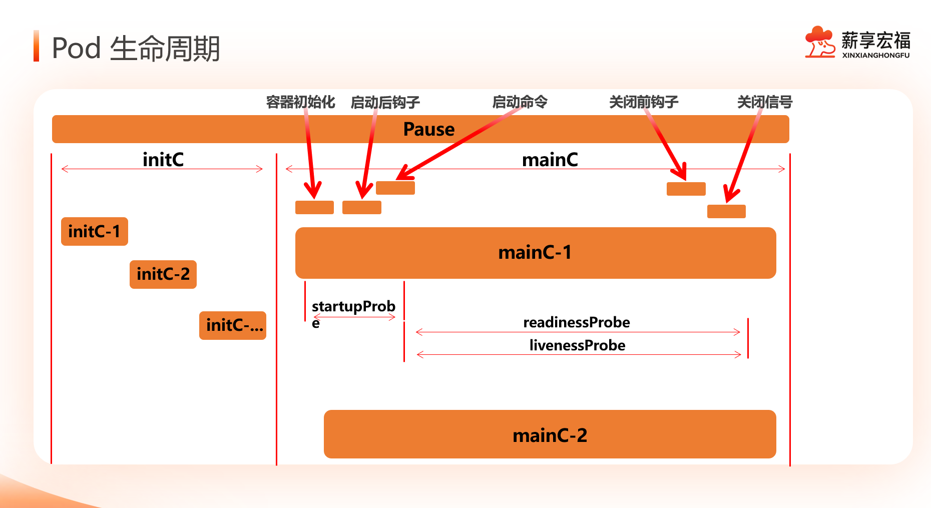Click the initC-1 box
pyautogui.click(x=94, y=231)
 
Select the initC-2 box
pyautogui.click(x=163, y=274)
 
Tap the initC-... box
pyautogui.click(x=232, y=325)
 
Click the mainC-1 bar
pyautogui.click(x=535, y=253)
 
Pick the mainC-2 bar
pyautogui.click(x=550, y=434)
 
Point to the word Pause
pyautogui.click(x=429, y=129)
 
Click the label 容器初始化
pyautogui.click(x=300, y=102)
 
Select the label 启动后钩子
pyautogui.click(x=385, y=102)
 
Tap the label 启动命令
pyautogui.click(x=520, y=102)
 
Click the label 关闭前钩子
pyautogui.click(x=644, y=102)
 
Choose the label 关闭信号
pyautogui.click(x=764, y=102)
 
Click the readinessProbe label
pyautogui.click(x=577, y=322)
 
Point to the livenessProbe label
pyautogui.click(x=577, y=345)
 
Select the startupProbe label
pyautogui.click(x=353, y=307)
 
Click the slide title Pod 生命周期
pyautogui.click(x=136, y=48)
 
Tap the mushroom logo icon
pyautogui.click(x=819, y=42)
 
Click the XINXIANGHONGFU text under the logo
pyautogui.click(x=875, y=56)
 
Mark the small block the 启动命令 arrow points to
pyautogui.click(x=395, y=188)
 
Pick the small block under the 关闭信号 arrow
pyautogui.click(x=726, y=211)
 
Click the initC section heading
pyautogui.click(x=163, y=160)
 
